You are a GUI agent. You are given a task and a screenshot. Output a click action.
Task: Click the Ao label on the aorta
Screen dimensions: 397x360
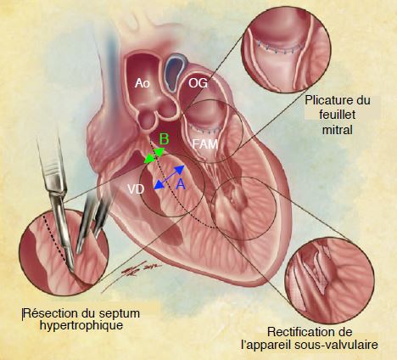click(x=143, y=83)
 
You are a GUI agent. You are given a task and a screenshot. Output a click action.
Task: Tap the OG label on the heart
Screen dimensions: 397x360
click(x=198, y=83)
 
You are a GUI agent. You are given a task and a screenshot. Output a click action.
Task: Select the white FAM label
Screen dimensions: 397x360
click(x=205, y=144)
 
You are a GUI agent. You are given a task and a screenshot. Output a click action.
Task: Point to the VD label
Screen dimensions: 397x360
click(x=136, y=189)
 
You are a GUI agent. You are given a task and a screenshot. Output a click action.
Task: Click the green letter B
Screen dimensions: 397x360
click(x=164, y=139)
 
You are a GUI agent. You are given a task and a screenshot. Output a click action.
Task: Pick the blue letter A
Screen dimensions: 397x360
click(x=181, y=184)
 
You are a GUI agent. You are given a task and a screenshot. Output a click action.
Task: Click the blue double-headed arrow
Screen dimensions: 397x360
click(x=170, y=177)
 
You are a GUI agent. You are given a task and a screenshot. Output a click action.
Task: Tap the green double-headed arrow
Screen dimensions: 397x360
click(x=154, y=155)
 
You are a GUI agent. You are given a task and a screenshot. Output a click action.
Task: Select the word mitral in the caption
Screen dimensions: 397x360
click(x=338, y=130)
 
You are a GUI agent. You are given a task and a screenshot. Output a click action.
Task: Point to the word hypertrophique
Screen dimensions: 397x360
click(x=81, y=325)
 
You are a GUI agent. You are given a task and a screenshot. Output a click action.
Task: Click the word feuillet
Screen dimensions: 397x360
click(x=338, y=115)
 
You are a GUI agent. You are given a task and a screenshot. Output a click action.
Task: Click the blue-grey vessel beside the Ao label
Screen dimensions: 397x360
click(x=175, y=74)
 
